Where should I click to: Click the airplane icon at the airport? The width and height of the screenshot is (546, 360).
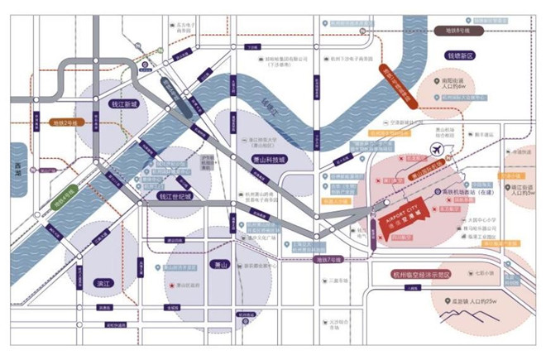[436, 151]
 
